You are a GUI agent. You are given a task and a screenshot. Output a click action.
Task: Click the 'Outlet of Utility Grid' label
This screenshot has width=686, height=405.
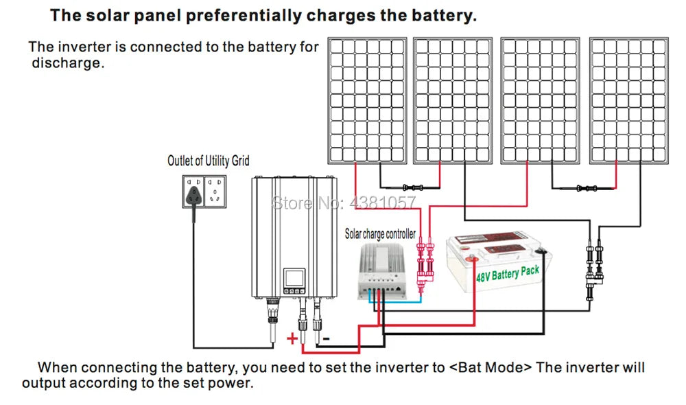(209, 161)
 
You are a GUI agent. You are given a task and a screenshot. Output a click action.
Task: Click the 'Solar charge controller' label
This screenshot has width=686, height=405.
(379, 234)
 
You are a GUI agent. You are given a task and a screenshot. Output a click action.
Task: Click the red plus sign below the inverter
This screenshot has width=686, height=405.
(292, 338)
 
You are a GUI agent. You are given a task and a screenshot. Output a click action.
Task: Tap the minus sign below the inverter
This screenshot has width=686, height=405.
(327, 338)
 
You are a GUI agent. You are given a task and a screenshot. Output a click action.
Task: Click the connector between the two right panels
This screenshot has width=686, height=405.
(586, 186)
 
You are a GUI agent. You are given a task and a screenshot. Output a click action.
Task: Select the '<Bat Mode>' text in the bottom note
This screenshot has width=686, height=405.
(490, 367)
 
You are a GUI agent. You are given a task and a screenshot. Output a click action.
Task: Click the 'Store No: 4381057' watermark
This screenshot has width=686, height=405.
(344, 202)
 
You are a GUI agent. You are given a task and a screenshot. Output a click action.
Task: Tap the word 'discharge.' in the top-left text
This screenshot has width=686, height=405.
(67, 63)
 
